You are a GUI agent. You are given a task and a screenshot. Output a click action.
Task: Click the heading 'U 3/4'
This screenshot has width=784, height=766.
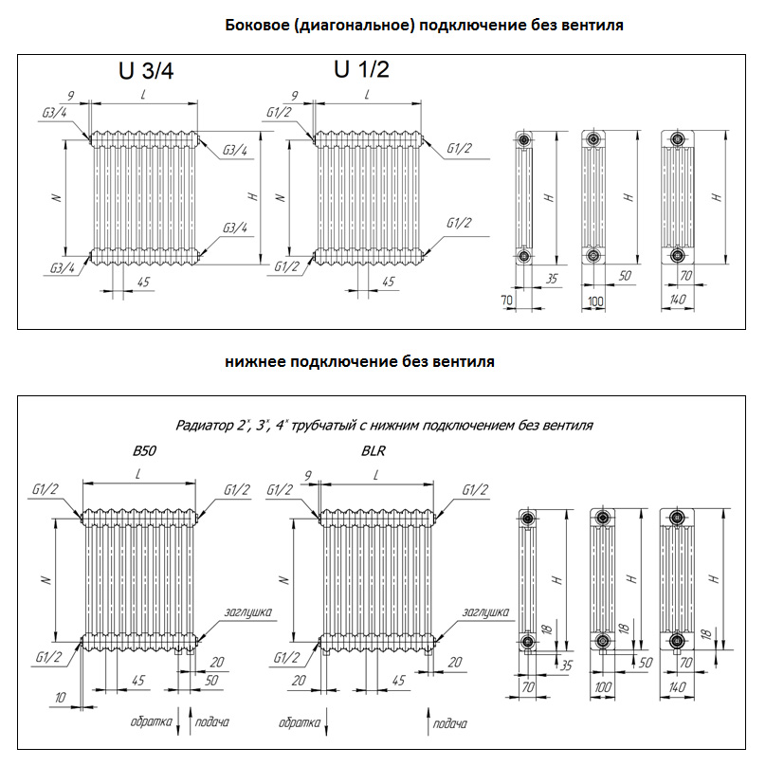pos(146,73)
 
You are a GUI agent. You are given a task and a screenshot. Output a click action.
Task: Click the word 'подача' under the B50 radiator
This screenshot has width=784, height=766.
pos(212,722)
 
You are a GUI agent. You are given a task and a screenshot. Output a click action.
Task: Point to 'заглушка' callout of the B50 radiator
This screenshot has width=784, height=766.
pos(249,612)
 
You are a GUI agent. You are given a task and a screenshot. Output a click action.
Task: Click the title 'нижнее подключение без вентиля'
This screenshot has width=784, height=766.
pos(360,362)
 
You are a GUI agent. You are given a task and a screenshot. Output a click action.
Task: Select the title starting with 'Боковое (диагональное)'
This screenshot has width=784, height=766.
pos(425,26)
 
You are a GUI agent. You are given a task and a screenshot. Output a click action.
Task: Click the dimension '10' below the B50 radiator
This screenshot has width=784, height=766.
pos(61,698)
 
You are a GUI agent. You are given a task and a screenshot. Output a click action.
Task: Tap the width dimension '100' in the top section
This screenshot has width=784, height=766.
pos(595,301)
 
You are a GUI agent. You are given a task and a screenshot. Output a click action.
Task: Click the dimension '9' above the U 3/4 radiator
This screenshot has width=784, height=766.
pos(70,96)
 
